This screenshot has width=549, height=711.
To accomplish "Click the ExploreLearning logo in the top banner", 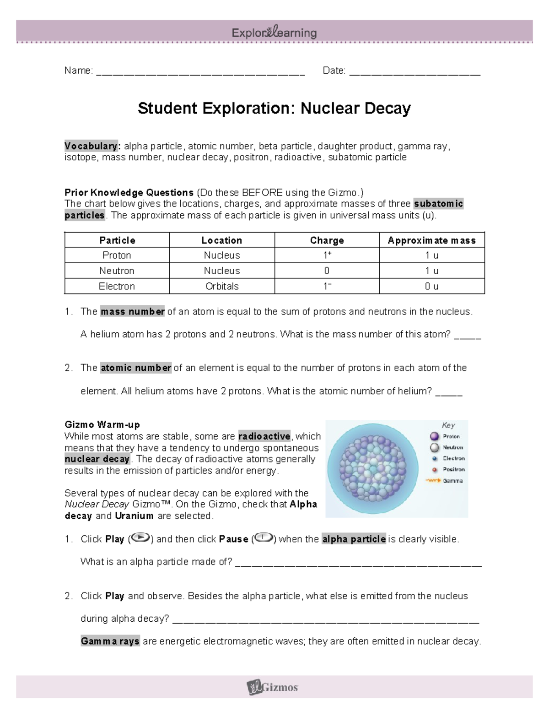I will [x=274, y=33].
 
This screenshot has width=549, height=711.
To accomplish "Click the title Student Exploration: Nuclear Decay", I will [x=274, y=109].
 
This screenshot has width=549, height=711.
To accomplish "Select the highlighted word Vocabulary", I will [x=92, y=146].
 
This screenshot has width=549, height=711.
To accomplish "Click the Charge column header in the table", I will [x=327, y=240].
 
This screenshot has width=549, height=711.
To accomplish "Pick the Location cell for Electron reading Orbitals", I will [x=222, y=286].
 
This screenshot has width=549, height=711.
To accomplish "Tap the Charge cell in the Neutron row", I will [x=327, y=271].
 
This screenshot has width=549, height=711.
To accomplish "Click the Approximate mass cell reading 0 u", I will [x=431, y=286].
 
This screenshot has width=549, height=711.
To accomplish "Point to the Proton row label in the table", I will [x=117, y=255].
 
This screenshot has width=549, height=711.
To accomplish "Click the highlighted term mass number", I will [x=132, y=312].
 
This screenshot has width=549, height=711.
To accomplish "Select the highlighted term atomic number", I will [x=136, y=368].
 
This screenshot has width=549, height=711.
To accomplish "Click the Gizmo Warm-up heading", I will [x=102, y=424].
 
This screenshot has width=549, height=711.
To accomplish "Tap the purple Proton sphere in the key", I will [x=434, y=436].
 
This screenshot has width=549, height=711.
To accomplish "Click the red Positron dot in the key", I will [x=434, y=469].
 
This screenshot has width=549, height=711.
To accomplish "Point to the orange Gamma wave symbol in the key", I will [x=433, y=481].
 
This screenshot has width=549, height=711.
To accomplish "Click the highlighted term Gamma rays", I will [x=110, y=641].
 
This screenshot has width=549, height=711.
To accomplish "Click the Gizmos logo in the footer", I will [x=273, y=687].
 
